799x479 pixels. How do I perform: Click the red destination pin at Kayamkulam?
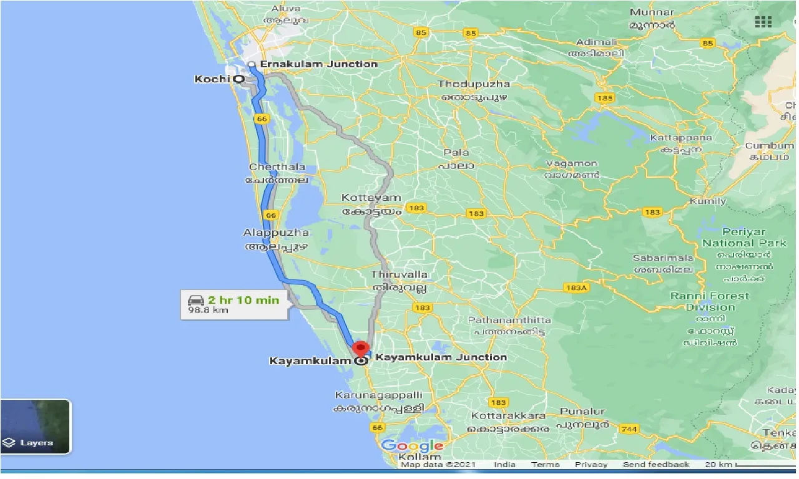[x=361, y=348]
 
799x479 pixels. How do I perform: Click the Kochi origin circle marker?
[x=238, y=79]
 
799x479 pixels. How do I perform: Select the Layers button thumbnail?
[x=36, y=427]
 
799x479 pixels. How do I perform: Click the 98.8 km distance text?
[x=208, y=310]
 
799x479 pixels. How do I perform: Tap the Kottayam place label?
[x=371, y=198]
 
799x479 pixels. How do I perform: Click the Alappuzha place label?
[x=276, y=233]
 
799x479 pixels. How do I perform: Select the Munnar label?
[x=652, y=12]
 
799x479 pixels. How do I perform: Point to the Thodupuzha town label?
[x=474, y=84]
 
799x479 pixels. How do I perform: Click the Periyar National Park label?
[x=743, y=237]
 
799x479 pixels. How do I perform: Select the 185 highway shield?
[x=604, y=98]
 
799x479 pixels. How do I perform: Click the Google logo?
[x=412, y=445]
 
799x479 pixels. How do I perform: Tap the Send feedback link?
[x=655, y=465]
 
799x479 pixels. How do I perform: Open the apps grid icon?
[x=763, y=22]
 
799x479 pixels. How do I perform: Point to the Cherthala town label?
[x=277, y=167]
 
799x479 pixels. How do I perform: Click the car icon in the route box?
[x=197, y=301]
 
